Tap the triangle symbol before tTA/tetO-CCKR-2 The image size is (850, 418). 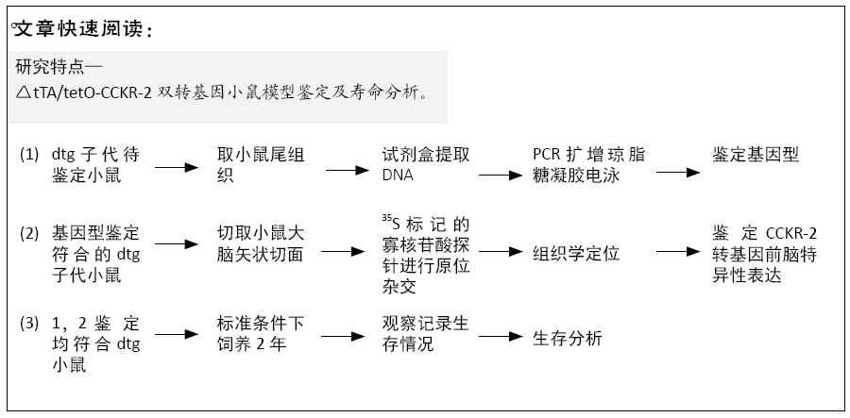pos(24,92)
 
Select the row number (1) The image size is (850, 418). pos(29,155)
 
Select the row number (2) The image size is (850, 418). pos(29,234)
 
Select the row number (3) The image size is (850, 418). pos(29,324)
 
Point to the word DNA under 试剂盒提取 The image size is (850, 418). pos(398,176)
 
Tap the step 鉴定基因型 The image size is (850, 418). pos(756,155)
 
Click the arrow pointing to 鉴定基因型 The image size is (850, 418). pos(677,173)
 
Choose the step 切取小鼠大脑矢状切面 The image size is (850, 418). pos(261,243)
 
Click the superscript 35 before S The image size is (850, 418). pos(386,218)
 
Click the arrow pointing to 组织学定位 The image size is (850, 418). pos(501,252)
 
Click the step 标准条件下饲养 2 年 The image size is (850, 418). pos(261,334)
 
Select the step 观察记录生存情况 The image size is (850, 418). pos(426,334)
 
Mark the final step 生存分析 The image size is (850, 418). pos(568,339)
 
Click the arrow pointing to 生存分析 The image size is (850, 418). pos(501,336)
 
